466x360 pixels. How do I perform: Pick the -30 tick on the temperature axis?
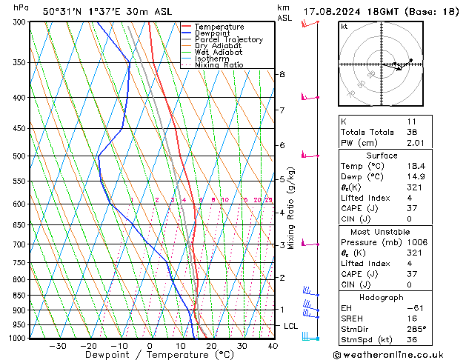pyautogui.click(x=58, y=346)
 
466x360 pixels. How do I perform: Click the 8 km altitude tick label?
pyautogui.click(x=282, y=74)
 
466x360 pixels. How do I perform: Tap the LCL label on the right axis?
pyautogui.click(x=290, y=326)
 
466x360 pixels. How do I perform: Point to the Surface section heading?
pyautogui.click(x=382, y=156)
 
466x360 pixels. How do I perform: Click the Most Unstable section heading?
pyautogui.click(x=382, y=232)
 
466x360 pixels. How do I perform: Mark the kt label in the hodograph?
pyautogui.click(x=344, y=27)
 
